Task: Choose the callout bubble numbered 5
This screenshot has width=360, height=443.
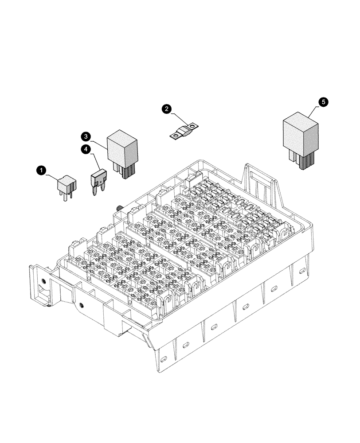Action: point(324,102)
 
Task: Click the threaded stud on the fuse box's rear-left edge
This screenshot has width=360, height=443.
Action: point(120,208)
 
